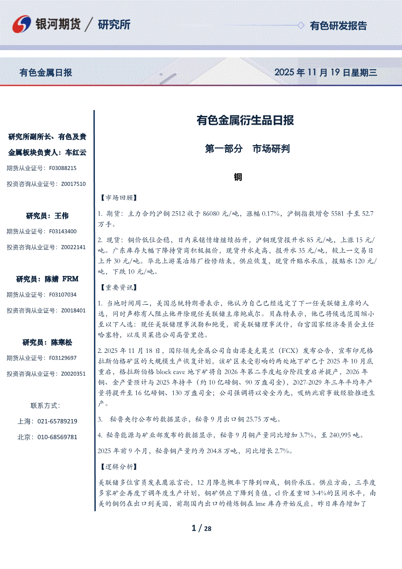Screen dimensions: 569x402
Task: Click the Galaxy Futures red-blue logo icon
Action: tap(22, 24)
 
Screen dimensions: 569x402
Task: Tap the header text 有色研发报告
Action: tap(338, 26)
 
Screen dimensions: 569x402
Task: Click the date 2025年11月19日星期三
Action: tap(326, 73)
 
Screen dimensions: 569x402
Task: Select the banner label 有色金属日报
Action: tap(46, 73)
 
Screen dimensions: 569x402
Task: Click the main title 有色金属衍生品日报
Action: tap(245, 120)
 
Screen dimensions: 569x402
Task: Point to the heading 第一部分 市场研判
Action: tap(247, 149)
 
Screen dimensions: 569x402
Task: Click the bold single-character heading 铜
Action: tap(238, 178)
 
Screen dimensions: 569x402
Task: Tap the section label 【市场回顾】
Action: tap(118, 198)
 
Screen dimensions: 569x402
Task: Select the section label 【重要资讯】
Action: tap(118, 287)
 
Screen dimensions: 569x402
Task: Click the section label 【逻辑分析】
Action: tap(118, 467)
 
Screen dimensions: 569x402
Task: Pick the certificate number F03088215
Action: tap(63, 168)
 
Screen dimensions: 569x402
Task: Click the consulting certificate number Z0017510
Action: tap(73, 184)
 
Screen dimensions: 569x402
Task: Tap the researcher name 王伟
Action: tap(61, 216)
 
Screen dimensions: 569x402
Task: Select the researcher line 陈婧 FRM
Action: tap(47, 279)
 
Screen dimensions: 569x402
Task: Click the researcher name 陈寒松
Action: tap(61, 343)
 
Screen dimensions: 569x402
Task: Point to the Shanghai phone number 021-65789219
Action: tap(57, 421)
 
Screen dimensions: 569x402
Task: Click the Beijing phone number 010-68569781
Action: tap(57, 437)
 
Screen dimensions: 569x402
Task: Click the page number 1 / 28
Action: tap(201, 529)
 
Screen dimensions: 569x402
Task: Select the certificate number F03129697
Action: tap(63, 358)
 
